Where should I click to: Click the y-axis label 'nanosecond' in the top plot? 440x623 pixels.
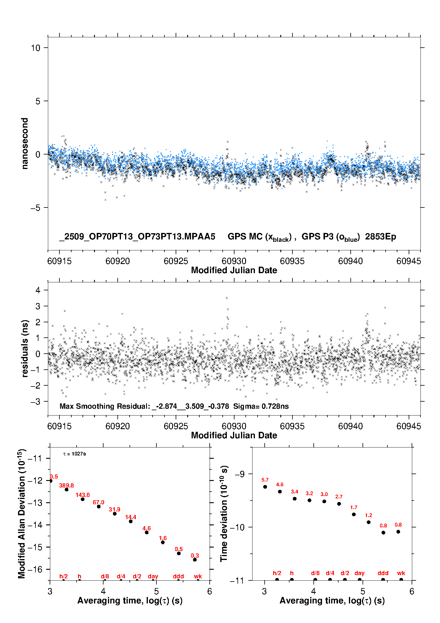pos(25,143)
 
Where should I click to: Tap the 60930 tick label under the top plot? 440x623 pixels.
pos(234,261)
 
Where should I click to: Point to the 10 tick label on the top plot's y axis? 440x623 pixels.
pos(36,48)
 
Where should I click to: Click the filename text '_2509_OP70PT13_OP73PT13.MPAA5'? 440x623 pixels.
pos(137,236)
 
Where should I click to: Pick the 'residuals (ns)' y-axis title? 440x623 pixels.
pos(25,348)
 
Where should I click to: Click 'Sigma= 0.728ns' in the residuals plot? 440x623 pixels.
pos(261,406)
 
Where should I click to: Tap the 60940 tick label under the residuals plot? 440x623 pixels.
pos(350,426)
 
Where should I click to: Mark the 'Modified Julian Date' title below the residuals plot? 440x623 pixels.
pos(234,435)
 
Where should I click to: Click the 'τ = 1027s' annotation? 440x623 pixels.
pos(75,454)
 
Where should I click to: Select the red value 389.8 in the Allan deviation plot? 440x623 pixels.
pos(67,485)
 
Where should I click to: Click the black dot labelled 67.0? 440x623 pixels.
pos(99,506)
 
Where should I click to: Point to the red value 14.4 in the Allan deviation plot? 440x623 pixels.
pos(131,517)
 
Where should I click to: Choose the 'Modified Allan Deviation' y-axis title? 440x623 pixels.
pos(21,513)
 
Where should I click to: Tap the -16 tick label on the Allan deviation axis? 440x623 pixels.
pos(35,569)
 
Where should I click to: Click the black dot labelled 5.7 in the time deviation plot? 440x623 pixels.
pos(265,487)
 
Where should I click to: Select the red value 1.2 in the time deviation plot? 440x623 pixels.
pos(368,515)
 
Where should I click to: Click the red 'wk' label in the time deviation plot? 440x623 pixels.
pos(401,573)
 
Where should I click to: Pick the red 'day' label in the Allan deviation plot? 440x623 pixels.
pos(153,576)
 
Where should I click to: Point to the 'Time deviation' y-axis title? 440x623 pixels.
pos(224,513)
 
